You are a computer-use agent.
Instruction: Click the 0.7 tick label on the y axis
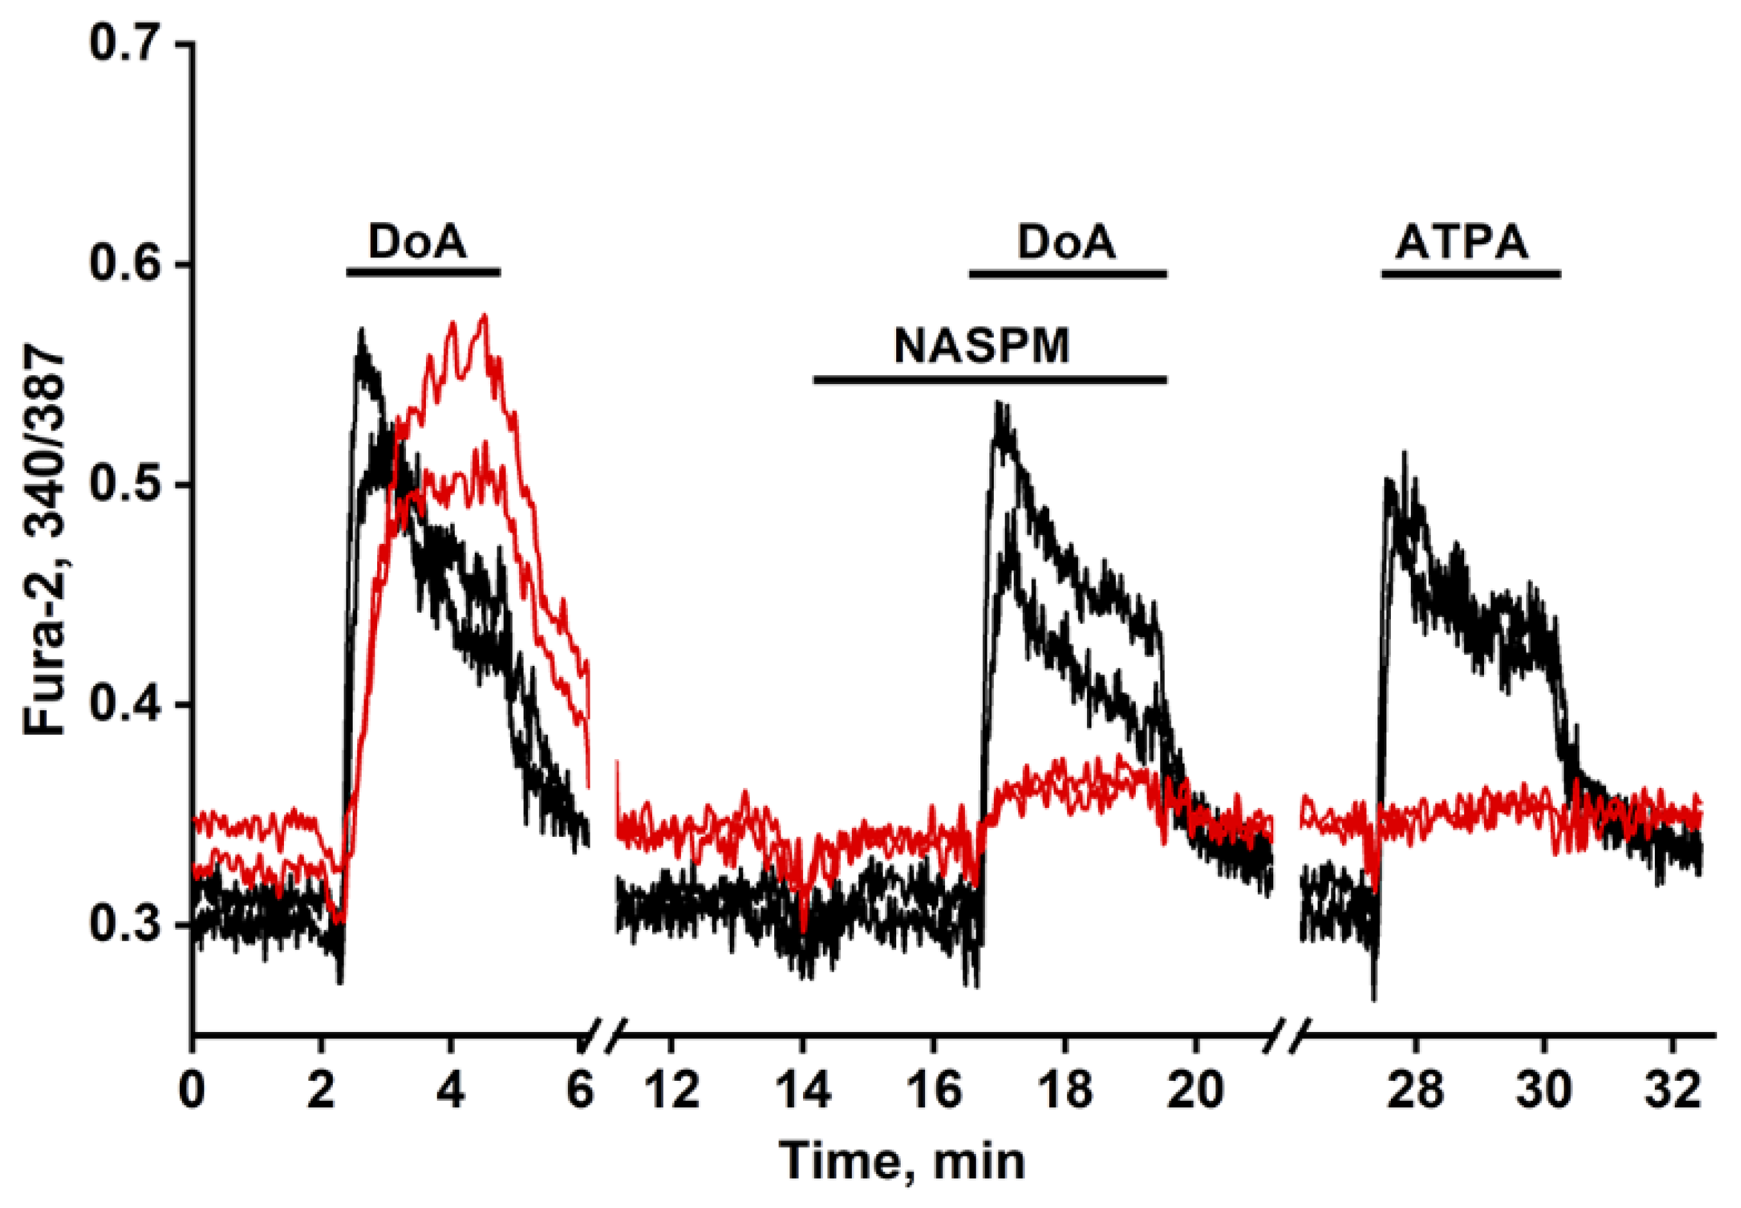point(125,44)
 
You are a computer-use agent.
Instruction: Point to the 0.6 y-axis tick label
point(125,265)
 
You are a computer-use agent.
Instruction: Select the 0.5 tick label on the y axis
point(125,484)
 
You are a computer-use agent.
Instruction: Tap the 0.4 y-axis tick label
point(125,705)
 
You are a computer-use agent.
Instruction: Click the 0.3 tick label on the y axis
point(125,925)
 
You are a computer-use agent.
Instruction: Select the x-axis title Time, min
point(901,1160)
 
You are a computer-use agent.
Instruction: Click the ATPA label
point(1462,243)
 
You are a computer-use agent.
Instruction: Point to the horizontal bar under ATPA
point(1471,273)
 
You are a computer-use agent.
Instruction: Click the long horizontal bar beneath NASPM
point(989,378)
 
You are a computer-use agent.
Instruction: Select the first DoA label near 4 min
point(417,241)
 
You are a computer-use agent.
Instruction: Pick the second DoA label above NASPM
point(1066,243)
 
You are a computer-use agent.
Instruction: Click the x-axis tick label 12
point(671,1090)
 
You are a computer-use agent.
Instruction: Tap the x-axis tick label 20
point(1195,1090)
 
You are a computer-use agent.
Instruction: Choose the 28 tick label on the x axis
point(1415,1090)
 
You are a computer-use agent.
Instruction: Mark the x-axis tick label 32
point(1675,1090)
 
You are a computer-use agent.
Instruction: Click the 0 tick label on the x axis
point(193,1090)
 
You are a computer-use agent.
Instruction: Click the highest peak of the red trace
point(484,315)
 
